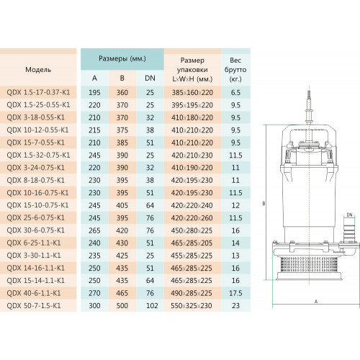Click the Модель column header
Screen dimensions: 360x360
coord(38,70)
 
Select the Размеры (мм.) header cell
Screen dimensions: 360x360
coord(122,59)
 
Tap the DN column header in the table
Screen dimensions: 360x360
coord(150,78)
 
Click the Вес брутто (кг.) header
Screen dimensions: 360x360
coord(235,70)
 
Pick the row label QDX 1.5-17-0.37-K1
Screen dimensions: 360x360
coord(38,92)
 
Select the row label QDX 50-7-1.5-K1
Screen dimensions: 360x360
coord(34,305)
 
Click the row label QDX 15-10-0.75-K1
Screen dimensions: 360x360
coord(37,205)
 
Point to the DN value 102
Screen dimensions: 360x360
coord(152,305)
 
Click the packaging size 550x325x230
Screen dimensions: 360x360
coord(192,305)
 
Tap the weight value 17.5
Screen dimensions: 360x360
coord(235,293)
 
